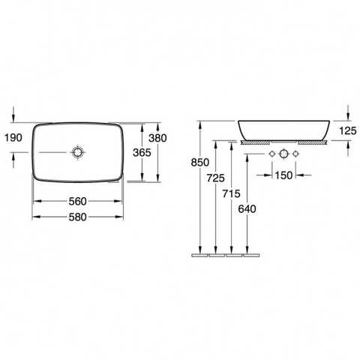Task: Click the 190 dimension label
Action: click(13, 138)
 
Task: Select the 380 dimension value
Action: click(157, 138)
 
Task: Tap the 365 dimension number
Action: click(142, 152)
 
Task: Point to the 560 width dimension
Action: click(78, 201)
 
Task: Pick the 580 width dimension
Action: click(78, 217)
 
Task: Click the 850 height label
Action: click(200, 163)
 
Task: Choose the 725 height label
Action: click(216, 178)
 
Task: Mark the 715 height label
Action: click(231, 193)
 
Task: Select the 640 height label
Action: click(247, 209)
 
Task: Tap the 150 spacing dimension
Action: click(283, 175)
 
